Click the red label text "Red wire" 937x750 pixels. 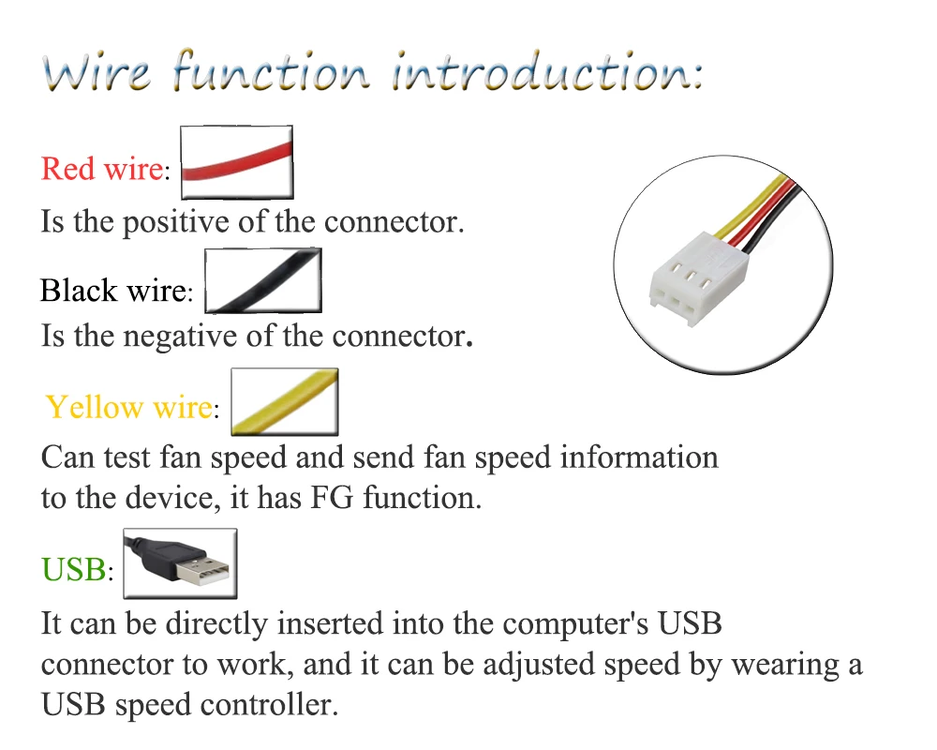(102, 170)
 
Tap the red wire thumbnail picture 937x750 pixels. (237, 162)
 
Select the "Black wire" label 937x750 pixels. (112, 291)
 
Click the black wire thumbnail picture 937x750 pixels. (263, 280)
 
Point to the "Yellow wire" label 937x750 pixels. (128, 408)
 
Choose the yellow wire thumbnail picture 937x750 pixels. (284, 402)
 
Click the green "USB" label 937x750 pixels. (74, 569)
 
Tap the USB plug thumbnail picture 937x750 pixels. (181, 563)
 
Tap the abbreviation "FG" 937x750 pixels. (331, 498)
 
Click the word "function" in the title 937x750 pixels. (273, 72)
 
